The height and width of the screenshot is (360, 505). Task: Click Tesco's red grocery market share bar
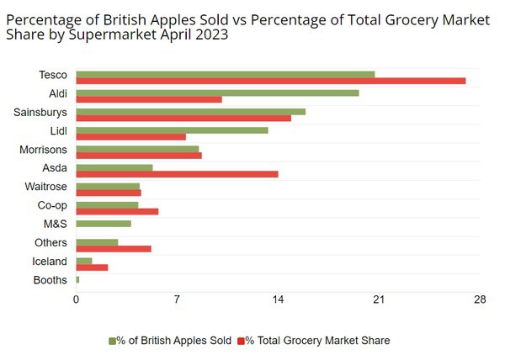[x=270, y=81]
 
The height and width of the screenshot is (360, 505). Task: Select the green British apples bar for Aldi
[x=217, y=93]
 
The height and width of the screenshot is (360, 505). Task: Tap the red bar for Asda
[x=177, y=174]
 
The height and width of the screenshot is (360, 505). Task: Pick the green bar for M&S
[x=104, y=224]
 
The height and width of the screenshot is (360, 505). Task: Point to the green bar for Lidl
[x=172, y=130]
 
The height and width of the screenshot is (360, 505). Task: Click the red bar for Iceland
[x=92, y=267]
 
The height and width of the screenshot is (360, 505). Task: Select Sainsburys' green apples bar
[x=190, y=111]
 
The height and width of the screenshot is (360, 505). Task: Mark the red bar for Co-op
[x=117, y=211]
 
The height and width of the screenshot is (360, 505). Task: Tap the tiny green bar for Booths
[x=77, y=279]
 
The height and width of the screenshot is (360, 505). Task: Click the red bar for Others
[x=114, y=249]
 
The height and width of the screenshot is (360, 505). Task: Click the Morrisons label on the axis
[x=43, y=150]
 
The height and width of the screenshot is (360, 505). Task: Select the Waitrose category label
[x=46, y=187]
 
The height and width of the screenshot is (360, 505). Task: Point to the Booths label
[x=50, y=280]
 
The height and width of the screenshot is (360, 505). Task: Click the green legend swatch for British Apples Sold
[x=111, y=341]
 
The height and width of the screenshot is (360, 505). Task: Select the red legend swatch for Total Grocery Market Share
[x=241, y=341]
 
